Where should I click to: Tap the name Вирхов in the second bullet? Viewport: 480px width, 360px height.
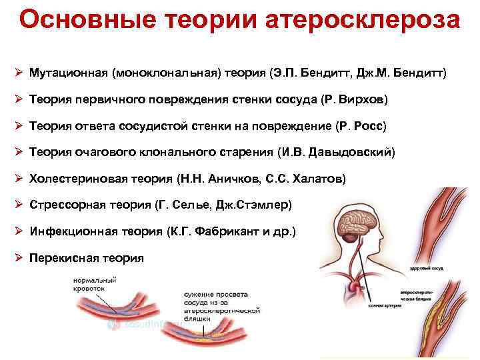tap(360, 99)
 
